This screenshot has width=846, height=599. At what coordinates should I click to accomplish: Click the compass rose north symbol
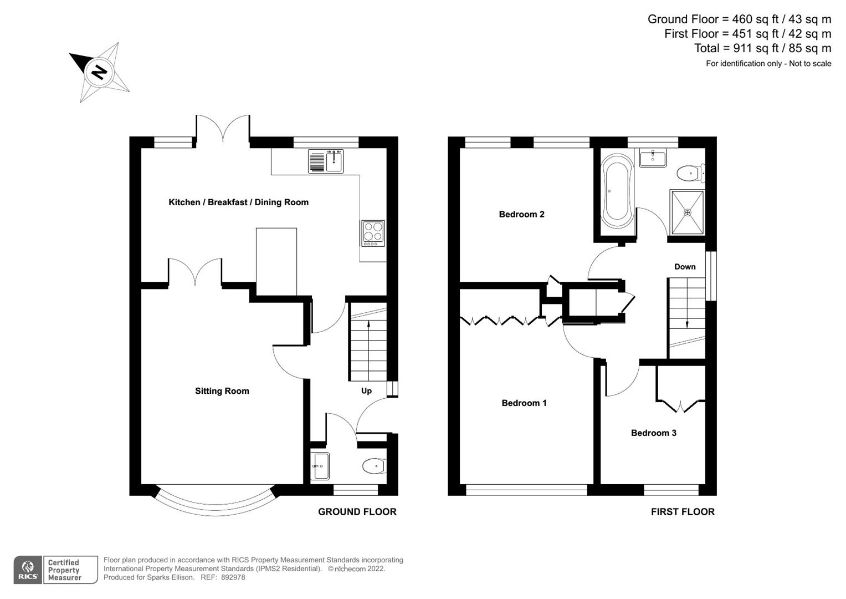(x=99, y=72)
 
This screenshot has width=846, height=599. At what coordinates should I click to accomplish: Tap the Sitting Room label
(x=222, y=391)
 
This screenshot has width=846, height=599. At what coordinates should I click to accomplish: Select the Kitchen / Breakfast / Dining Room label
(x=238, y=202)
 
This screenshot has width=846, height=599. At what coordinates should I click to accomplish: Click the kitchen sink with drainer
(x=326, y=161)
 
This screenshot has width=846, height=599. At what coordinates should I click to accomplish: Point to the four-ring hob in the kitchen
(x=372, y=233)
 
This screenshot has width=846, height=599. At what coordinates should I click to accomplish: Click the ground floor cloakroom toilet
(x=374, y=466)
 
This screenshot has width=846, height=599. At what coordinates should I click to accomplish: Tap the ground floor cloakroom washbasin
(x=320, y=466)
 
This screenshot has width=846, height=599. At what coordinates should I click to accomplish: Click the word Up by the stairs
(x=366, y=391)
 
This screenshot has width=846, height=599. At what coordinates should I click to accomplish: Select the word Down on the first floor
(x=685, y=267)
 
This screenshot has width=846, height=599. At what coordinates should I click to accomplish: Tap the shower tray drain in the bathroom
(x=688, y=212)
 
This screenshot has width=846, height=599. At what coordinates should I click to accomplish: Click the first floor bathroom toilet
(x=690, y=174)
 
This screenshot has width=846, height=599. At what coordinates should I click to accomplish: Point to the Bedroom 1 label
(x=524, y=403)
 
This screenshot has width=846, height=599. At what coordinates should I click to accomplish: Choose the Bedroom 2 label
(x=521, y=215)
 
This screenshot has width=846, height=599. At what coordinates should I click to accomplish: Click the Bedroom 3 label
(x=653, y=433)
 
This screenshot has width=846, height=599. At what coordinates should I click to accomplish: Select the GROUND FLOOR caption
(x=357, y=512)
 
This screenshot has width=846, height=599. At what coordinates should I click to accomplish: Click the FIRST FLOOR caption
(x=683, y=512)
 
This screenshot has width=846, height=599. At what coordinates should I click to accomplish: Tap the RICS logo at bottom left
(x=28, y=570)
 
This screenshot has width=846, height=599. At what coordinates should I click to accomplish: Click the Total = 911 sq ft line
(x=762, y=48)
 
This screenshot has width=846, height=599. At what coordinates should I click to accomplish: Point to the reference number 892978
(x=232, y=577)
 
